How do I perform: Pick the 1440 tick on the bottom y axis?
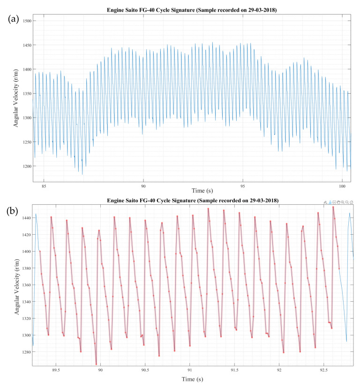pyautogui.click(x=23, y=218)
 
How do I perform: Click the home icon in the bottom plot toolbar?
pyautogui.click(x=352, y=202)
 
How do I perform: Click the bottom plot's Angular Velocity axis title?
pyautogui.click(x=17, y=286)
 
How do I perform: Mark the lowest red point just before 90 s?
pyautogui.click(x=96, y=364)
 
